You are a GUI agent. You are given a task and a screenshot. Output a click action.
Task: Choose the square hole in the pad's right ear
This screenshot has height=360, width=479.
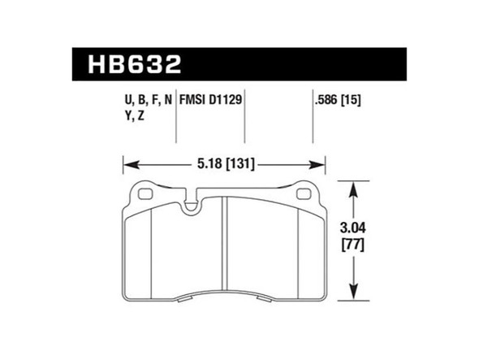click(x=305, y=194)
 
